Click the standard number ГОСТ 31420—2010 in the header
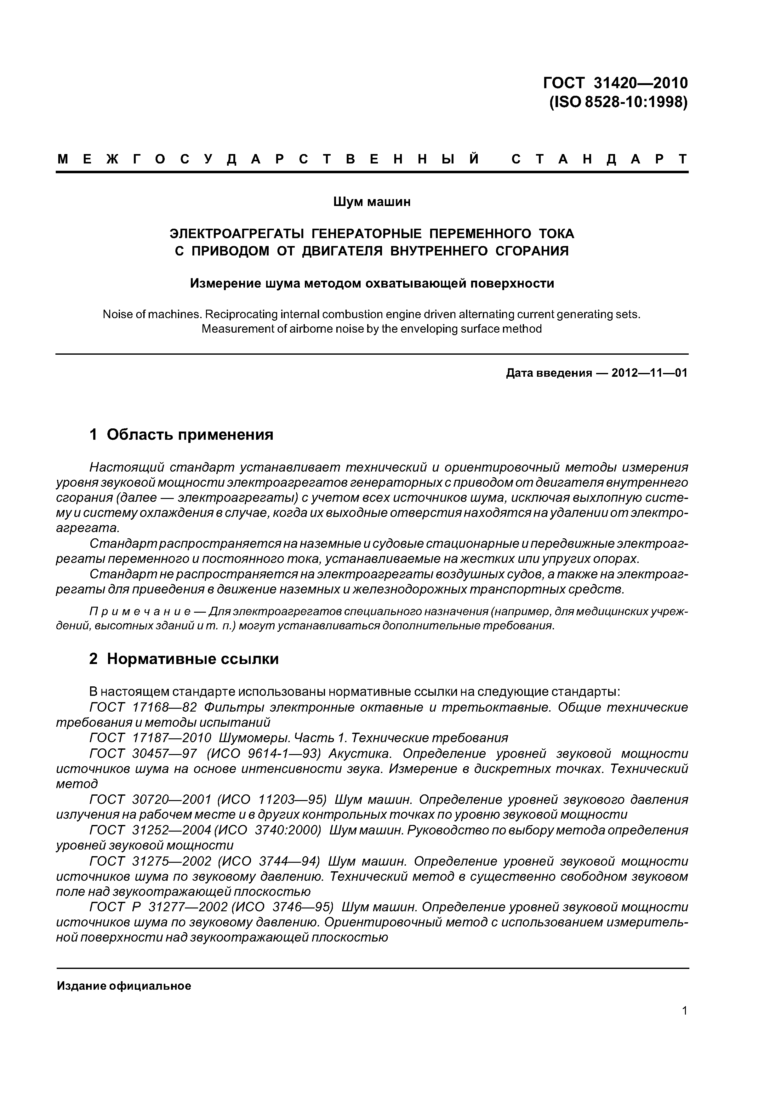pyautogui.click(x=615, y=83)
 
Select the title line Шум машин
pyautogui.click(x=372, y=202)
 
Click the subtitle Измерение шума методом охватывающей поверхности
pyautogui.click(x=372, y=283)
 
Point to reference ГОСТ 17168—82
pyautogui.click(x=144, y=707)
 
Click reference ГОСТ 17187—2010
pyautogui.click(x=150, y=738)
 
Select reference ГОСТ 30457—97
pyautogui.click(x=144, y=753)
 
